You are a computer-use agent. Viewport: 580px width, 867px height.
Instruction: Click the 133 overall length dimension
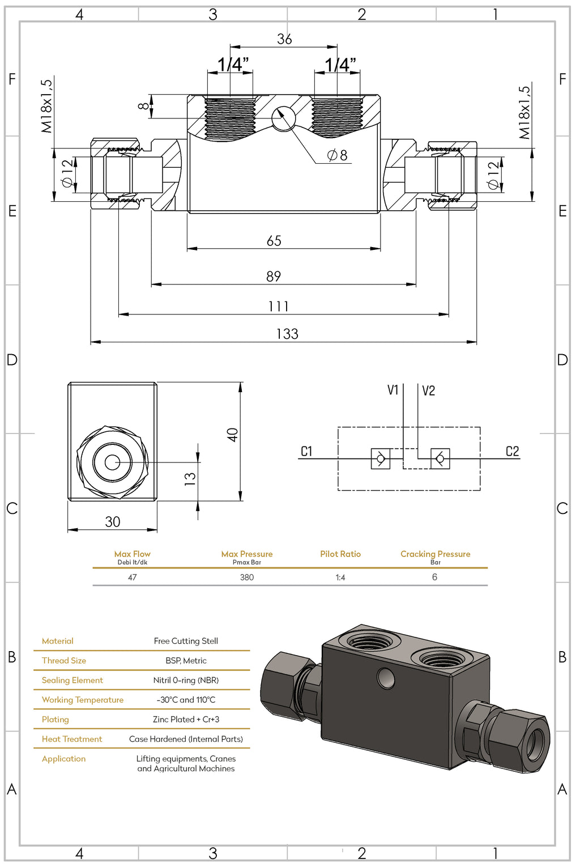point(287,334)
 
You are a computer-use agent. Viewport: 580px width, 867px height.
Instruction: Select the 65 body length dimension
point(274,241)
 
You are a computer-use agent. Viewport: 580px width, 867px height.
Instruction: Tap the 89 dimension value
point(274,277)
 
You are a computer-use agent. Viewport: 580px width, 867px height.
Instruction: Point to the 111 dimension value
point(278,307)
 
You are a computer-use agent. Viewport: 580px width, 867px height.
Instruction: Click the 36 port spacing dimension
point(284,39)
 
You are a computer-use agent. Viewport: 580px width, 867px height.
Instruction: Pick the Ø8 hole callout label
point(338,155)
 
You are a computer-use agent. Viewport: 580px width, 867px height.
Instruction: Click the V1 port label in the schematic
point(393,390)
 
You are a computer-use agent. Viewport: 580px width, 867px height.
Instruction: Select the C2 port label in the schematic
point(512,451)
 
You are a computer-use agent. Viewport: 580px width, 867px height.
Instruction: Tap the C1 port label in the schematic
point(306,451)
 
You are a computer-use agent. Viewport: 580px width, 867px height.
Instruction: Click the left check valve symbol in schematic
point(381,458)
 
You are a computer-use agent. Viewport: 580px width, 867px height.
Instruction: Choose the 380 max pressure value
point(247,577)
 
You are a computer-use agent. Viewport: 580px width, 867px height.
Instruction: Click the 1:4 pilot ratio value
point(340,577)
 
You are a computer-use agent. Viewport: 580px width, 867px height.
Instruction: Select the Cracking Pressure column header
point(435,554)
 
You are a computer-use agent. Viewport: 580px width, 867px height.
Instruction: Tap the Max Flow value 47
point(132,577)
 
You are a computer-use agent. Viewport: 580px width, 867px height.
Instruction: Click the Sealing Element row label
point(72,680)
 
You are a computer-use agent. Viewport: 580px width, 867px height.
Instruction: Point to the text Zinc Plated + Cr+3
point(186,719)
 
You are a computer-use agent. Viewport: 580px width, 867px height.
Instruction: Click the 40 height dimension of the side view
point(232,435)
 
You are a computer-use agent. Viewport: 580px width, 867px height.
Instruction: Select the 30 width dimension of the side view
point(113,522)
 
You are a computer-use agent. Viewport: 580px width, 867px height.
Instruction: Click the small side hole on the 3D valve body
point(387,677)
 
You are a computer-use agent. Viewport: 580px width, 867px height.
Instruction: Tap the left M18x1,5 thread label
point(46,106)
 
